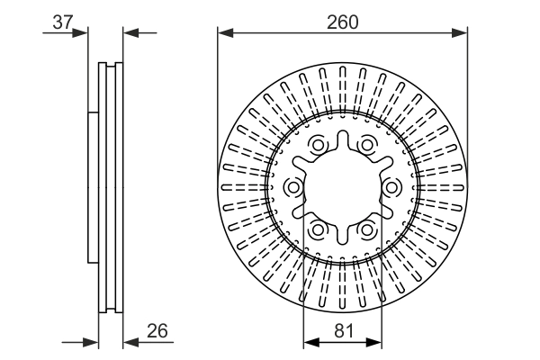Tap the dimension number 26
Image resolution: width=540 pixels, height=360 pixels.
coord(157,331)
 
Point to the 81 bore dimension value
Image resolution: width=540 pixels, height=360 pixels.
coord(342,331)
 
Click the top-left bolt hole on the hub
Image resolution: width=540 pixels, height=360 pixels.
coord(319,145)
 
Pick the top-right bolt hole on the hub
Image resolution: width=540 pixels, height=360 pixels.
coord(366,145)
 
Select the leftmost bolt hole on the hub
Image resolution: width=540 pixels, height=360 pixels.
coord(294,186)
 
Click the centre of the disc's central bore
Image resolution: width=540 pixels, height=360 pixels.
coord(342,186)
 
